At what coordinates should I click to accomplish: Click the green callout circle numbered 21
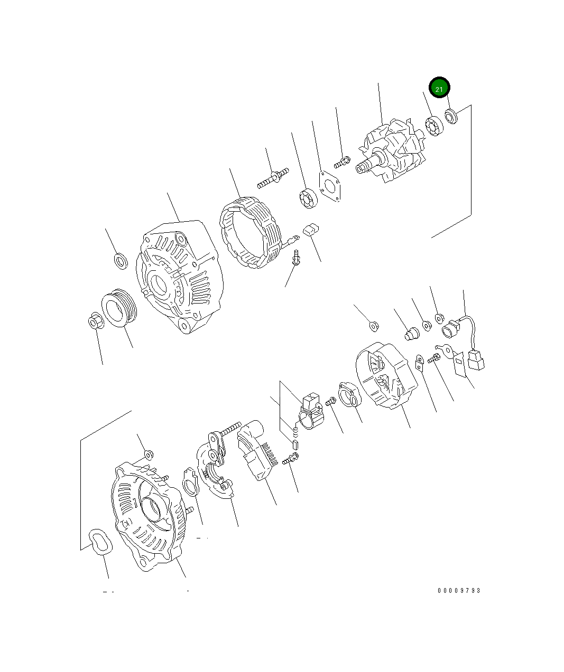pyautogui.click(x=439, y=88)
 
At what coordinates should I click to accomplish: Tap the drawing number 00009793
pyautogui.click(x=459, y=591)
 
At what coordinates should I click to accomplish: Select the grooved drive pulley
pyautogui.click(x=119, y=308)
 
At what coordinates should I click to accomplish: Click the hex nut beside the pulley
pyautogui.click(x=96, y=320)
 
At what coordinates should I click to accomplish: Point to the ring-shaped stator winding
pyautogui.click(x=251, y=232)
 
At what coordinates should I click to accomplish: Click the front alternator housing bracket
pyautogui.click(x=180, y=277)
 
